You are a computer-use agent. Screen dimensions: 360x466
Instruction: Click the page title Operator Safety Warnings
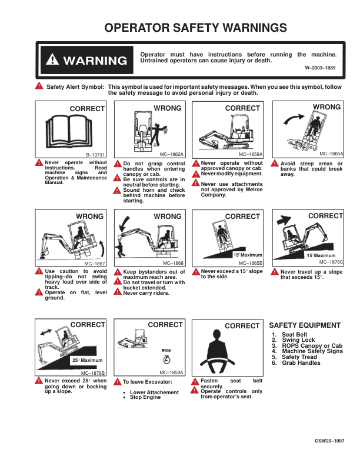click(x=195, y=28)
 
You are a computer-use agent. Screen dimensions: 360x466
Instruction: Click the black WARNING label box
click(x=86, y=60)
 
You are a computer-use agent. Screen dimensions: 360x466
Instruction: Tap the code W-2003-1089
click(x=320, y=68)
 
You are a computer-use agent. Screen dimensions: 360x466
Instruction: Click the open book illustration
click(x=69, y=131)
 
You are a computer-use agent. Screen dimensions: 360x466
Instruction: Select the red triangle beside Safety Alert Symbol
click(x=39, y=86)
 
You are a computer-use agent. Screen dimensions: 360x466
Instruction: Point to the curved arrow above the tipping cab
click(x=294, y=119)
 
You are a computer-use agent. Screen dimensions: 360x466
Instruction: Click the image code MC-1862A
click(x=172, y=154)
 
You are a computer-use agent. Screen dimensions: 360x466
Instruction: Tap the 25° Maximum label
click(x=87, y=360)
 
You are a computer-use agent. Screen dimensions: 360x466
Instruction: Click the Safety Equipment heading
click(x=305, y=325)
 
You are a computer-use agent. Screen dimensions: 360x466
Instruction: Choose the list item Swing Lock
click(x=298, y=339)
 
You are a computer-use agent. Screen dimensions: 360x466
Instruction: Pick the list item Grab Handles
click(x=301, y=362)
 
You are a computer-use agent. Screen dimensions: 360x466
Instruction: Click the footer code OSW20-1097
click(x=329, y=441)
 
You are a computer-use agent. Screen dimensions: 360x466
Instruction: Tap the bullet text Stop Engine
click(x=145, y=397)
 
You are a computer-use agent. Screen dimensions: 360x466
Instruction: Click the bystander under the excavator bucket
click(x=121, y=249)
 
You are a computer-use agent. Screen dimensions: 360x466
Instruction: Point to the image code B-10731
click(x=95, y=155)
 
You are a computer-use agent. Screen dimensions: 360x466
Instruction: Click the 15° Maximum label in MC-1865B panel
click(x=248, y=255)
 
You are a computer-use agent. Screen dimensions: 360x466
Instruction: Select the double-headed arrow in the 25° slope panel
click(x=46, y=332)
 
